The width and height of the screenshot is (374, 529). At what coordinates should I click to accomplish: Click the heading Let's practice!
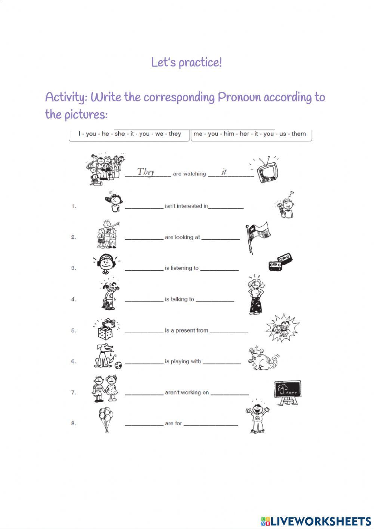[187, 62]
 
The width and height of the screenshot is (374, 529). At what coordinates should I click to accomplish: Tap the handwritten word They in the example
[145, 172]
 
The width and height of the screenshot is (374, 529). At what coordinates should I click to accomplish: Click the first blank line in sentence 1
[144, 207]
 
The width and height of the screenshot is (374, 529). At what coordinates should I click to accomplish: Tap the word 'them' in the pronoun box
[298, 134]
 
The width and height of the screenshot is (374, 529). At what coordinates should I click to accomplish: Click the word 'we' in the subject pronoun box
[159, 134]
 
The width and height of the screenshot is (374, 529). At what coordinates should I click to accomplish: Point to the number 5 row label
[73, 330]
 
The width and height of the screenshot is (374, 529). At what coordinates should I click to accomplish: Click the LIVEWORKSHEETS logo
[316, 520]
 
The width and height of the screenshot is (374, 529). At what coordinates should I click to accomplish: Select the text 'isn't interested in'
[186, 206]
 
